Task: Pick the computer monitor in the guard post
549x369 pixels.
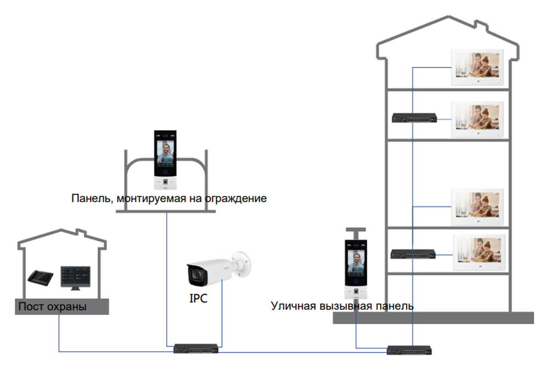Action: click(x=76, y=275)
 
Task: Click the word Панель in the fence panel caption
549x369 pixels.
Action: click(x=91, y=198)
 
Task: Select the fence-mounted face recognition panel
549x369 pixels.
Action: click(x=166, y=159)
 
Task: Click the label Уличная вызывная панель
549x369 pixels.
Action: click(x=342, y=305)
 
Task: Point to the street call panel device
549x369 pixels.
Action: click(x=355, y=269)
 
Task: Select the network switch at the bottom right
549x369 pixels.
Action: click(x=411, y=350)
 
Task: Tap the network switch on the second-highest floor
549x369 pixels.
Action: click(x=414, y=118)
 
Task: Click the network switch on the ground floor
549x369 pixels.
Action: click(x=413, y=254)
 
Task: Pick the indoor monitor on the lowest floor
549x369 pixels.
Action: click(x=478, y=253)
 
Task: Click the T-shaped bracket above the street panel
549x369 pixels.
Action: click(x=355, y=232)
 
